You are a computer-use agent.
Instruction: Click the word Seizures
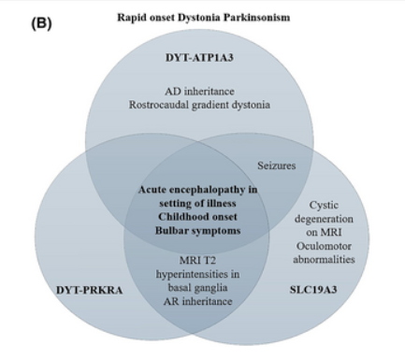pyautogui.click(x=277, y=166)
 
